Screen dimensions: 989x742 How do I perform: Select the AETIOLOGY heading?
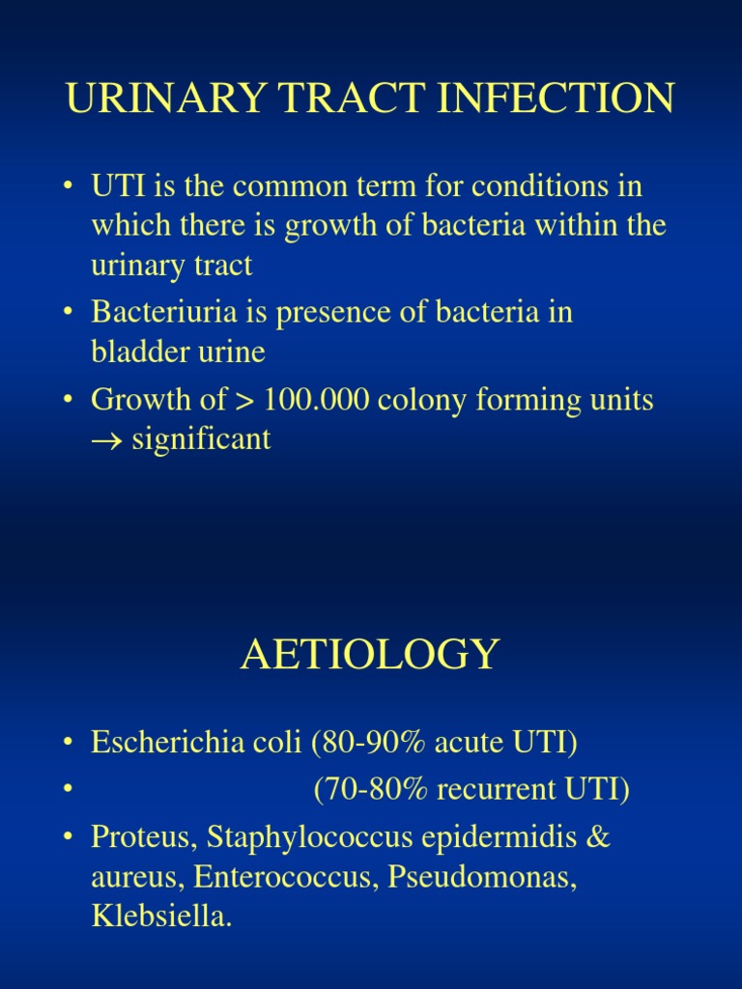tap(370, 654)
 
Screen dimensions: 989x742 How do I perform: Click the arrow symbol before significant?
tap(104, 440)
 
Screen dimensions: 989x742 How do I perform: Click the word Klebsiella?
tap(160, 917)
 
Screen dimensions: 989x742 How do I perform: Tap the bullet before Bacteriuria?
tap(70, 313)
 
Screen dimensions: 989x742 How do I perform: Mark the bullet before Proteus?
tap(70, 837)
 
